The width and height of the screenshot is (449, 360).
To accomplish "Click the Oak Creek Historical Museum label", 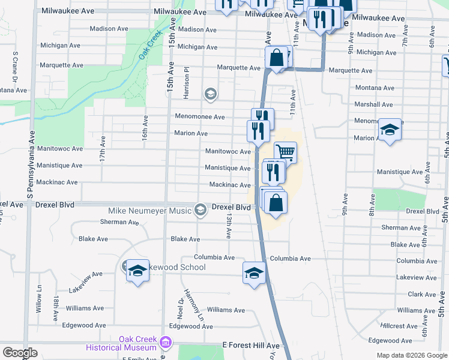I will point(121,343).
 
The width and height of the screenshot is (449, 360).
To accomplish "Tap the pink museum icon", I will point(166,343).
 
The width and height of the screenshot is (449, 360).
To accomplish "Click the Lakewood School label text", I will point(176,267).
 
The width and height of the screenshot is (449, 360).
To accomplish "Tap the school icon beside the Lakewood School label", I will point(137,271).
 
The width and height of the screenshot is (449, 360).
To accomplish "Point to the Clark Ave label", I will point(422,295).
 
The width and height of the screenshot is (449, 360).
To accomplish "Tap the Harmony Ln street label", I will point(193,304).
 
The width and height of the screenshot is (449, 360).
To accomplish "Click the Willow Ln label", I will point(39,295).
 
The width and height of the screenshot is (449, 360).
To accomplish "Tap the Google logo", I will point(20,353).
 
